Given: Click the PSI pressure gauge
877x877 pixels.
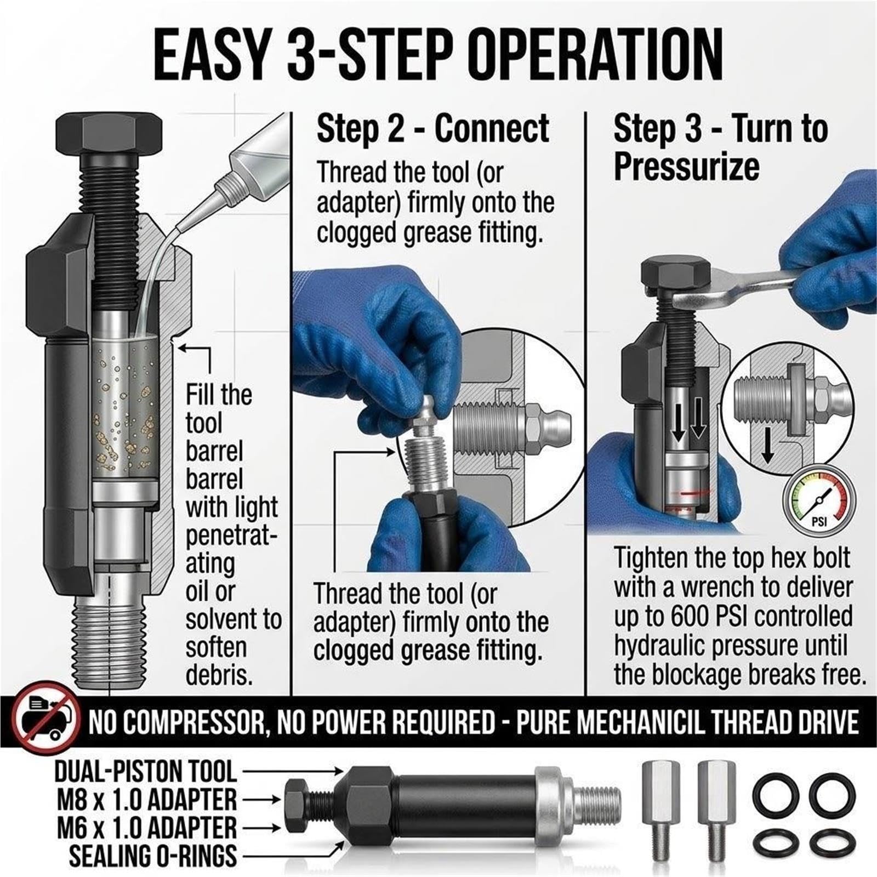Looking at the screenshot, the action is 820,502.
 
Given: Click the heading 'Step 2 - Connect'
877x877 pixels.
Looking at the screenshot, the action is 433,129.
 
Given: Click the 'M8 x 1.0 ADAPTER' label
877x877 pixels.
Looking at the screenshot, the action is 147,800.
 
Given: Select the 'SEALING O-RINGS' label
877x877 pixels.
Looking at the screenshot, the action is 153,856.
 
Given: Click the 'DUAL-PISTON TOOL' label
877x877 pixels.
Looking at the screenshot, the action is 145,772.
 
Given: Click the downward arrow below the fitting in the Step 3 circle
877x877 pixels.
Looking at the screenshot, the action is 768,444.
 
